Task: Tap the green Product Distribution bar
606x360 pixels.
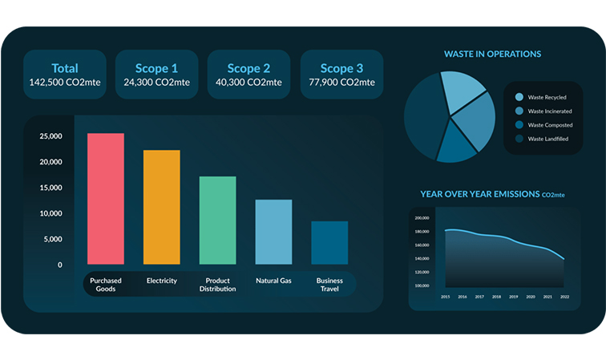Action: click(217, 220)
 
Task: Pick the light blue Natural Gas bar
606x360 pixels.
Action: click(273, 232)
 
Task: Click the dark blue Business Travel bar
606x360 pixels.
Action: click(329, 243)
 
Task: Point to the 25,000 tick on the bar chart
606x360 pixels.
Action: click(50, 137)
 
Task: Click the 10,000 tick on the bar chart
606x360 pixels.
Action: click(50, 214)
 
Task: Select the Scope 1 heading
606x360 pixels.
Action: click(157, 68)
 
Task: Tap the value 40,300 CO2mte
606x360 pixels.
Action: click(249, 83)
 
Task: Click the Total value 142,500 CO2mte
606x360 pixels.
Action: click(65, 83)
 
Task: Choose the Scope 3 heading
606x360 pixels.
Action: click(341, 68)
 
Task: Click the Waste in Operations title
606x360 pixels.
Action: click(492, 54)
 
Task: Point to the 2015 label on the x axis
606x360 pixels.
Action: click(445, 297)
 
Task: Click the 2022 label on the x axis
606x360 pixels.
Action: click(564, 297)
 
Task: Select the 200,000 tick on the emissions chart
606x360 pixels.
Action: click(423, 218)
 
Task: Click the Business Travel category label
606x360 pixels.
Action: click(329, 285)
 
